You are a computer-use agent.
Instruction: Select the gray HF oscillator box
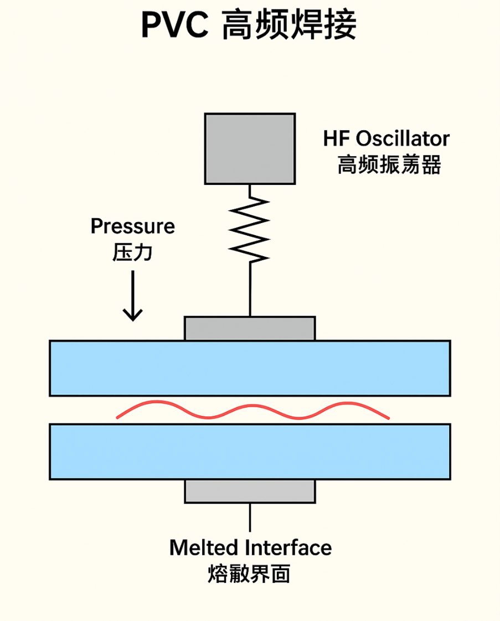249,148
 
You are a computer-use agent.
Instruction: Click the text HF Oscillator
386,138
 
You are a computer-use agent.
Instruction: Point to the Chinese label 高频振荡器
389,165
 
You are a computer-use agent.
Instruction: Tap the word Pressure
132,226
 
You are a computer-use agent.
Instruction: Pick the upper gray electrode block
250,328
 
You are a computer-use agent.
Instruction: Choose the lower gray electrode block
250,491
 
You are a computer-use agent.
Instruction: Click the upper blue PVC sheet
250,368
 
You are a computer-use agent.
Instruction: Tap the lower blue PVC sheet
250,451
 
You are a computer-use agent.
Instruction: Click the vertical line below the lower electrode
250,517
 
